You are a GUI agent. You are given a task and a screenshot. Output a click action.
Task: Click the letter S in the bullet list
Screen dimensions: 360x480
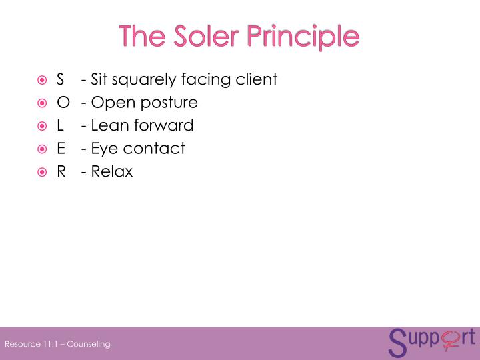click(x=61, y=80)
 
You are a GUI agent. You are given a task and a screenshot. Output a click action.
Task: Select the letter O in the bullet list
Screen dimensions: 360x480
click(x=63, y=103)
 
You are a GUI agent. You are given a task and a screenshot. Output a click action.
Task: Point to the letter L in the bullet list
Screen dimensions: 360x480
click(x=60, y=125)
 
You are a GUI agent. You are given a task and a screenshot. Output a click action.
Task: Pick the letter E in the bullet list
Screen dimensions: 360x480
click(x=61, y=148)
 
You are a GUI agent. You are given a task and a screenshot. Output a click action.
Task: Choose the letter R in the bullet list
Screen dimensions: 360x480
click(x=61, y=171)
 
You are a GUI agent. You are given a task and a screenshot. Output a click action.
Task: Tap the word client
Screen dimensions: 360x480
click(x=257, y=80)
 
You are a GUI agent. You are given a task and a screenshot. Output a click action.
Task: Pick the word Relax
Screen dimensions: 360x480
click(x=112, y=171)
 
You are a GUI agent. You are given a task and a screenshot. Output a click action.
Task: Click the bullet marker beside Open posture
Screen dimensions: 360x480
click(x=42, y=103)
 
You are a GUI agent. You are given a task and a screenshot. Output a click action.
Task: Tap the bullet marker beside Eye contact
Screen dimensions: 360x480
click(x=42, y=149)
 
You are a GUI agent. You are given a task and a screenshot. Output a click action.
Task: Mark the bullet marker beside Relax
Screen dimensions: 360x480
click(x=42, y=171)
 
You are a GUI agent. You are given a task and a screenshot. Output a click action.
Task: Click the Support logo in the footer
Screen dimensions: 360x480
click(x=431, y=341)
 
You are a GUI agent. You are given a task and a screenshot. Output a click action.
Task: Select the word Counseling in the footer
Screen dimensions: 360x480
click(x=88, y=344)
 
